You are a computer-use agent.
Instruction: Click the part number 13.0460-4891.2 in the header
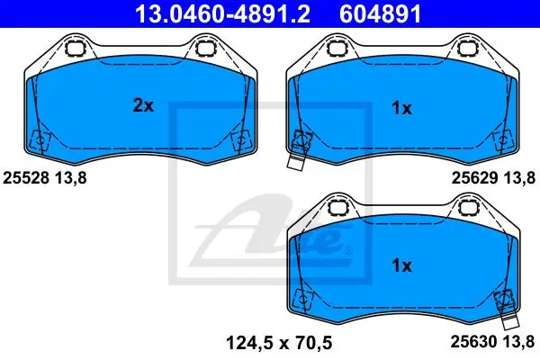[223, 13]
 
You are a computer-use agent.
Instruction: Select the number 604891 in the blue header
[380, 13]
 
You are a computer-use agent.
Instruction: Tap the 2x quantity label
[143, 105]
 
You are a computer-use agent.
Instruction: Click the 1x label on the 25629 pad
[401, 109]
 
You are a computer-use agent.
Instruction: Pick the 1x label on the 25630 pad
[401, 265]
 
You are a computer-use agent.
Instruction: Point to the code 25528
[26, 178]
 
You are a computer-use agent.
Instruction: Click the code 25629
[474, 178]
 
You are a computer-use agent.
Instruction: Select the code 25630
[474, 342]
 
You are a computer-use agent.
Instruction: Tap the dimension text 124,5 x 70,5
[279, 343]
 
